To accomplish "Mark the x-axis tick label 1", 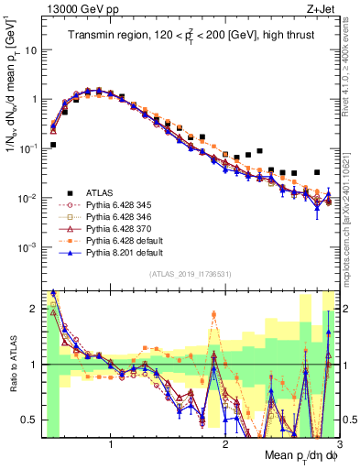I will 111,444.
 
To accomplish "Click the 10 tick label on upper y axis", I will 28,50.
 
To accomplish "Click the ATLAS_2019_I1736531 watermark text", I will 191,275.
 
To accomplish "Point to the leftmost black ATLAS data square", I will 53,145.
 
